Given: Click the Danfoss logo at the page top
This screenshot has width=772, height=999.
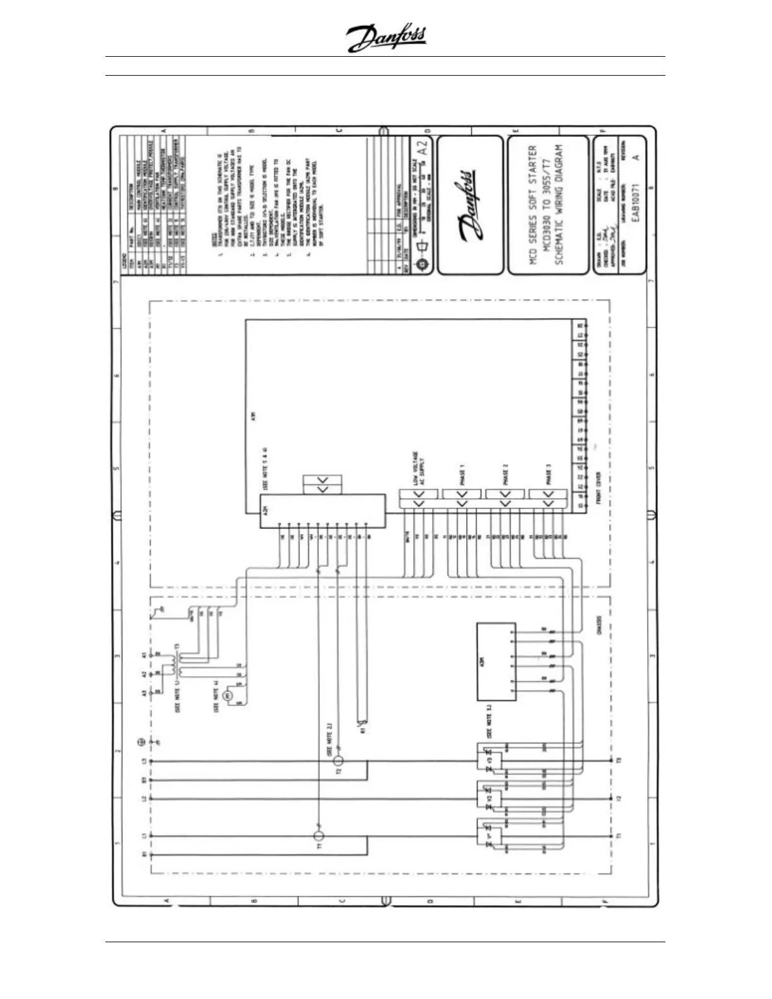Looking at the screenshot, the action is [386, 38].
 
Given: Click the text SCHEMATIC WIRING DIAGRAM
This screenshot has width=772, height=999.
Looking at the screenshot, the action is [559, 205].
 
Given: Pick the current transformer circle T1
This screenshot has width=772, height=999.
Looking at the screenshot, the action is [319, 836].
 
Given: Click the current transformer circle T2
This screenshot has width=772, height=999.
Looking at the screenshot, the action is [338, 761].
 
